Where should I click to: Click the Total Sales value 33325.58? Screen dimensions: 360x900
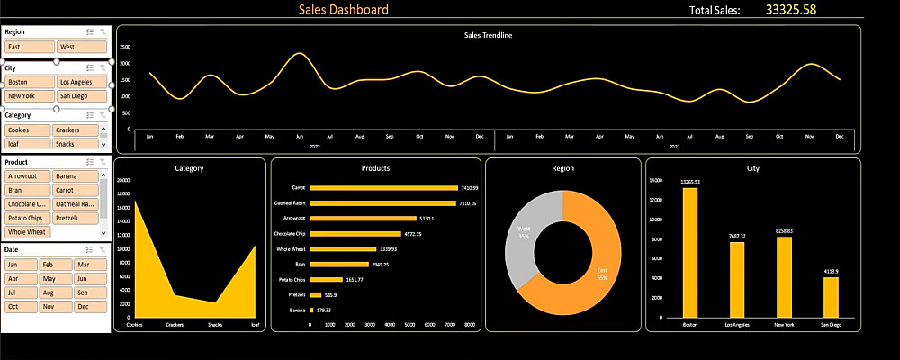coord(790,10)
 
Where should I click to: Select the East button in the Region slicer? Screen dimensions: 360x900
coord(29,47)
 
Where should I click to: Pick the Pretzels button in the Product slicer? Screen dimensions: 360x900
coord(79,217)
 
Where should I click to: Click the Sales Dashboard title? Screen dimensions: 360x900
coord(345,10)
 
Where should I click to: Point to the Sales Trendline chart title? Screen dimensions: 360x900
coord(488,35)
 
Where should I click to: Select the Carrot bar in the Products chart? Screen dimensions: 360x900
coord(383,188)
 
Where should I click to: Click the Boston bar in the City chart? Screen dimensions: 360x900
coord(690,252)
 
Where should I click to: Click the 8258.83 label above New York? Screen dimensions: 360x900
coord(784,231)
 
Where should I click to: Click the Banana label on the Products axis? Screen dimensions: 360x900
coord(298,310)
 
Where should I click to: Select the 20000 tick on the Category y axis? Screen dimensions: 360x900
coord(124,180)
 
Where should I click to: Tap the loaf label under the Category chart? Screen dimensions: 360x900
coord(255,324)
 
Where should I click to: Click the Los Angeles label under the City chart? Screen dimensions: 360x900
coord(737,324)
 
